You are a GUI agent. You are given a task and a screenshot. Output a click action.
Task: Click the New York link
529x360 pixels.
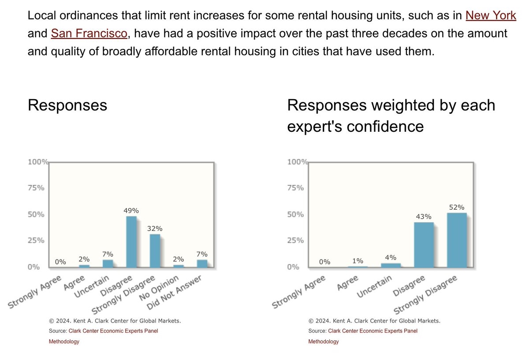[x=491, y=15]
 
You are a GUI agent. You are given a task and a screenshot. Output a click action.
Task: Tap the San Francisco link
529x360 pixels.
[x=89, y=33]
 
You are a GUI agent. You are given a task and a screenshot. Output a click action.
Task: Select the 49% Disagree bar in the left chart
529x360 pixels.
[x=131, y=241]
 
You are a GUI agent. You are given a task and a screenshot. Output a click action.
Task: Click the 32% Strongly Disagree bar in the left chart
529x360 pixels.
[x=155, y=250]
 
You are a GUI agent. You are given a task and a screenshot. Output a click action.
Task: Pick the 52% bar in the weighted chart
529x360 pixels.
[x=457, y=240]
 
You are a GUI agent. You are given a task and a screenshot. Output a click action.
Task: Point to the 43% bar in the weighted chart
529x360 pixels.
[x=424, y=245]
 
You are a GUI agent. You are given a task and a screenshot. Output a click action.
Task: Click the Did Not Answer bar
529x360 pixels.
[x=202, y=264]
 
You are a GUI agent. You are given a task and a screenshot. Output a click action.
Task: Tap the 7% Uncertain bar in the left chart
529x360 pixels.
[x=108, y=264]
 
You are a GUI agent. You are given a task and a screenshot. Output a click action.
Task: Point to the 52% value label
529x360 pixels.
[x=457, y=207]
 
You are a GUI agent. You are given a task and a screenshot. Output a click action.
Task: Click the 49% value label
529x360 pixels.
[x=131, y=211]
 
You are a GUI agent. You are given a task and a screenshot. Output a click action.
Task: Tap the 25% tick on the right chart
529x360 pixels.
[x=295, y=241]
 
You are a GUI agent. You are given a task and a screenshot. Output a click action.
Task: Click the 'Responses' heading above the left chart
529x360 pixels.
[x=67, y=105]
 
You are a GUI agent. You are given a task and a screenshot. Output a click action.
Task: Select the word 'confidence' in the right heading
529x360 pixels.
[x=384, y=126]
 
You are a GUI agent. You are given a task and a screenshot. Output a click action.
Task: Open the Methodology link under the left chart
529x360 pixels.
[x=64, y=341]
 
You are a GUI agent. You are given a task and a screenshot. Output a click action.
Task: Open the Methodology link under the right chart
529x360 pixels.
[x=324, y=341]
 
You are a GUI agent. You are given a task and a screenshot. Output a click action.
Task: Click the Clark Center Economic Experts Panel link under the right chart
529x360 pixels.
[x=372, y=331]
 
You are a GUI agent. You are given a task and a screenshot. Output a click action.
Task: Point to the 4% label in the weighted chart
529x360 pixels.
[x=391, y=258]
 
